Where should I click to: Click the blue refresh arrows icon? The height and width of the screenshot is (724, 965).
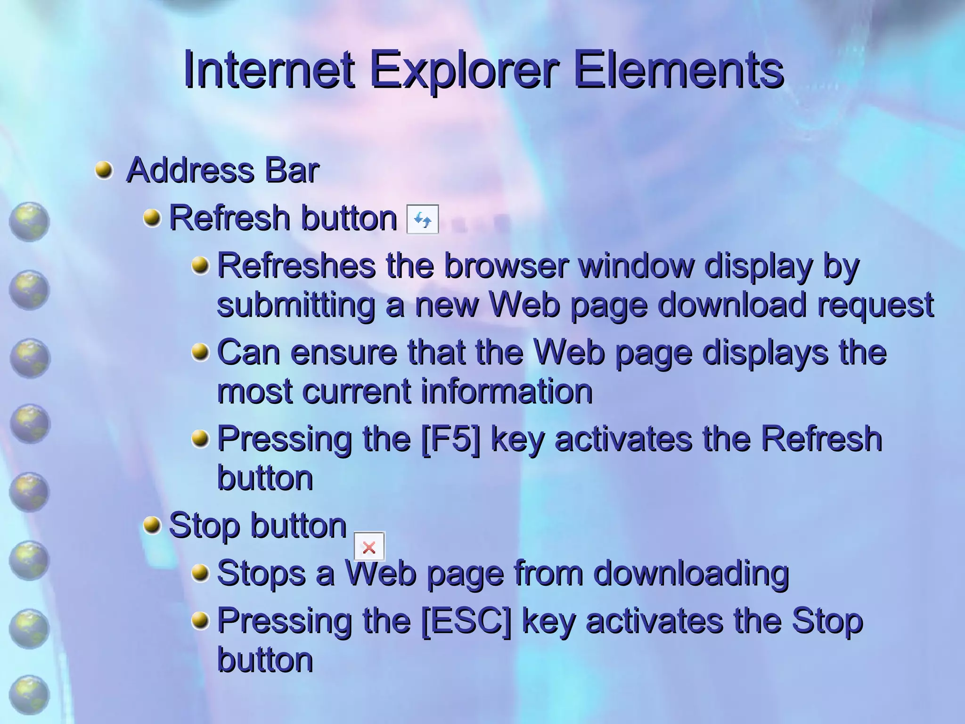(x=423, y=220)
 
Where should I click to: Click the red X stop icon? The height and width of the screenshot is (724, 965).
(x=369, y=547)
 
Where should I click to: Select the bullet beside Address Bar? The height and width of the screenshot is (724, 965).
(x=104, y=170)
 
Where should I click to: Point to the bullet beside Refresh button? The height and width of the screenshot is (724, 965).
(x=152, y=218)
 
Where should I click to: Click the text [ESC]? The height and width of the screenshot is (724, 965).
(x=466, y=621)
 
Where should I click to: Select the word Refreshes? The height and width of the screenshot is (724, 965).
(x=296, y=266)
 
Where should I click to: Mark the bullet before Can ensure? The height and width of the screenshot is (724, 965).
(x=201, y=352)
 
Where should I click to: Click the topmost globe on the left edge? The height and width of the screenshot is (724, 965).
(x=29, y=222)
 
